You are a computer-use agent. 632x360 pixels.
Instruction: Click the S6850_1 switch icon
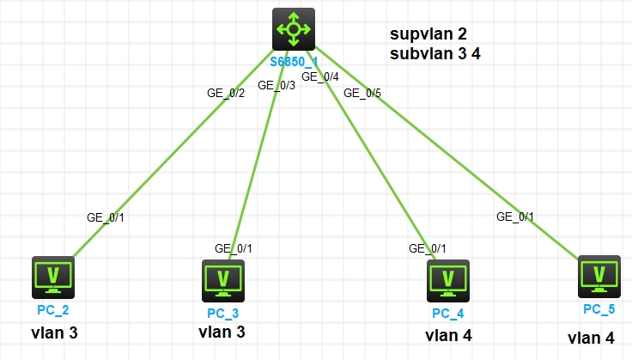pos(294,30)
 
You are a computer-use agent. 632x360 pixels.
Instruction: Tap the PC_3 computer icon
pos(223,278)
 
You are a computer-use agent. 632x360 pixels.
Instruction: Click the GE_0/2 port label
pos(226,93)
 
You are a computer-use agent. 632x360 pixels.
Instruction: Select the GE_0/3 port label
pos(276,85)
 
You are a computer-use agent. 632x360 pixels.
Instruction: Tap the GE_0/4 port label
pos(319,77)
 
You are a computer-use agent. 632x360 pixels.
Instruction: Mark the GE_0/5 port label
pos(362,93)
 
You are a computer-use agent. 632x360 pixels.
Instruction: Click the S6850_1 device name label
pos(294,62)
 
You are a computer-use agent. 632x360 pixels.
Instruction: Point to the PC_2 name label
pos(53,308)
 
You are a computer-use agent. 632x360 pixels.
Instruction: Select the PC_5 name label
pos(599,308)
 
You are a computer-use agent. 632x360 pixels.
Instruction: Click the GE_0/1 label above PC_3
pos(234,248)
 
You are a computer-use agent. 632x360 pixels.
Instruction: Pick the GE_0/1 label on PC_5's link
pos(515,217)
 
